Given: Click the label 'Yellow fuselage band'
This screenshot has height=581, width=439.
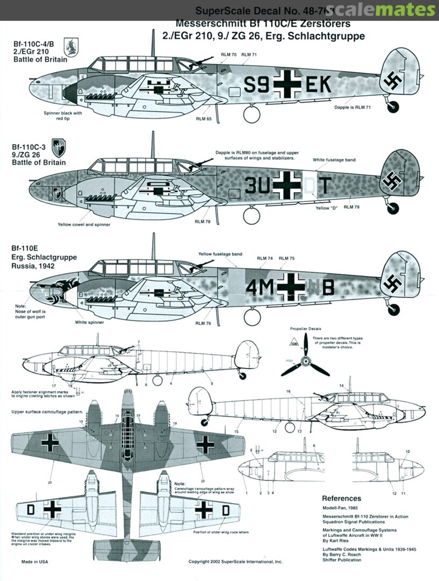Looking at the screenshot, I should [220, 254].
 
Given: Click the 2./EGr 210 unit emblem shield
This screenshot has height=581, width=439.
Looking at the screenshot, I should [71, 47].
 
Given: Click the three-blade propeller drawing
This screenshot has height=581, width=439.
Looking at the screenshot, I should [305, 360].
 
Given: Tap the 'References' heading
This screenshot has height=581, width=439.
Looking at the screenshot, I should [341, 498].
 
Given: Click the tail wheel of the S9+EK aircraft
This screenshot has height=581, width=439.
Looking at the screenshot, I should [393, 108].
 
